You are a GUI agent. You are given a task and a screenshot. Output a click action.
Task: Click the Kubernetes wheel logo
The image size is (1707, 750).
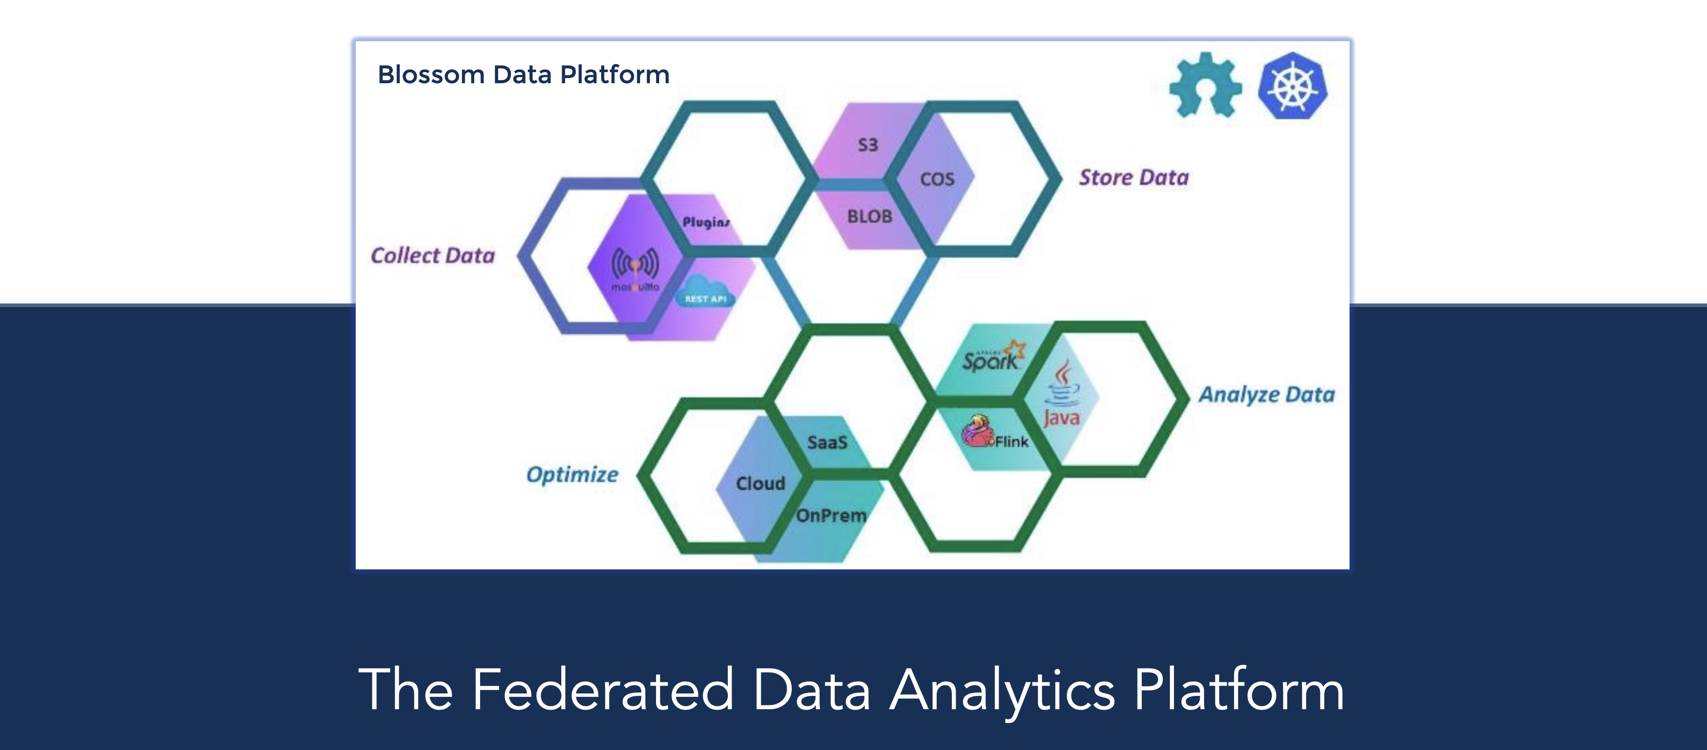(x=1293, y=86)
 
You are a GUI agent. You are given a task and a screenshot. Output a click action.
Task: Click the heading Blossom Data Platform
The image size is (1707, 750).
(x=523, y=74)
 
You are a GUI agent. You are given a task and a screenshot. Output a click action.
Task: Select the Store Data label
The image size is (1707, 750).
(x=1134, y=178)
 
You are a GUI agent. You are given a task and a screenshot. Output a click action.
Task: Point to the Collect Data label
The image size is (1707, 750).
(x=433, y=256)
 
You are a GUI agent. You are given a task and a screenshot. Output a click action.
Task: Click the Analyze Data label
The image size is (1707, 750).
(x=1266, y=395)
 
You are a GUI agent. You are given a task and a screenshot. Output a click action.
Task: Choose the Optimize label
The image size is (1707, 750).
(x=572, y=475)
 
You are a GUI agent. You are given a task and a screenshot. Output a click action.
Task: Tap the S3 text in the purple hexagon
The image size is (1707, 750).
(x=867, y=145)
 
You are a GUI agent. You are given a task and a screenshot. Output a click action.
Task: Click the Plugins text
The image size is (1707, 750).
(x=706, y=222)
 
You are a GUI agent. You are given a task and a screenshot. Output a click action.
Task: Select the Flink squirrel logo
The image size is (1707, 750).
(x=976, y=432)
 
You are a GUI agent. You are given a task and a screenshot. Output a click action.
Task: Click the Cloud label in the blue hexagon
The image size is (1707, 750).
(x=760, y=483)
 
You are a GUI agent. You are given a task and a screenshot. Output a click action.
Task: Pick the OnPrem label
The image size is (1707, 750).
(x=831, y=515)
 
